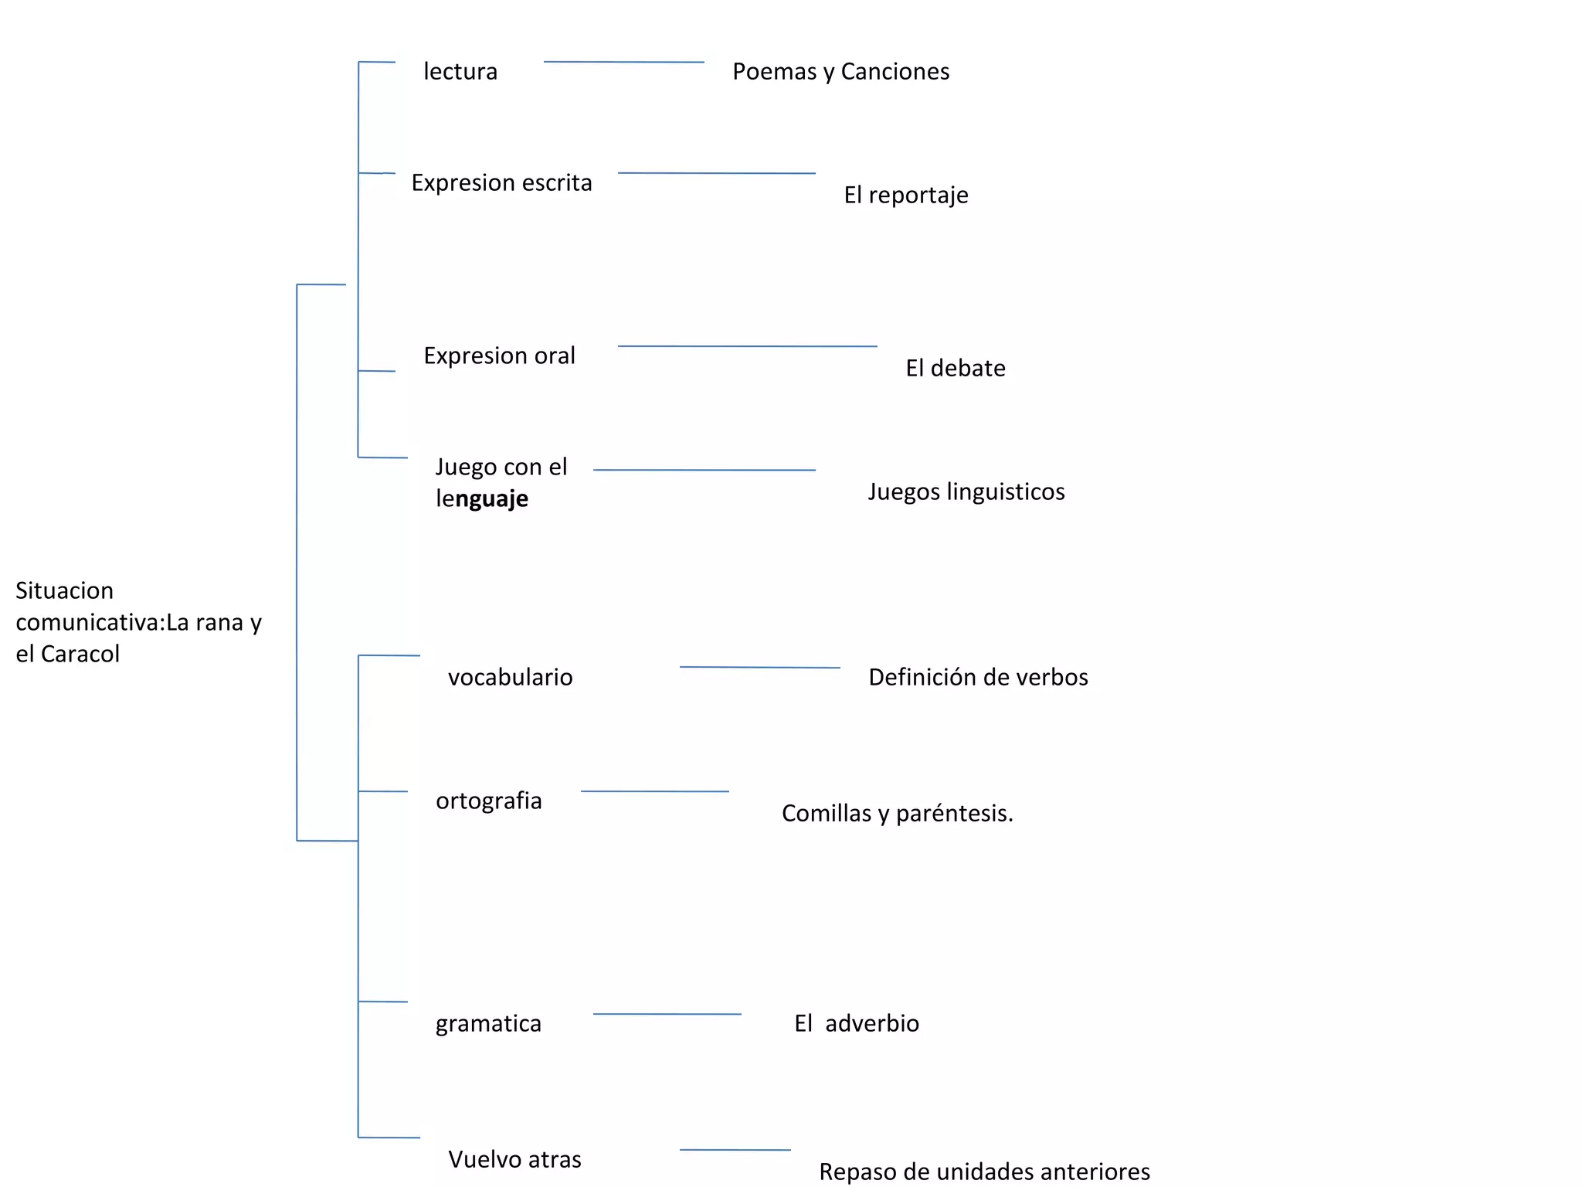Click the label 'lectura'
pyautogui.click(x=460, y=72)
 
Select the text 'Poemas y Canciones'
pyautogui.click(x=840, y=72)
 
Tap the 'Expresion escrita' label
pyautogui.click(x=501, y=183)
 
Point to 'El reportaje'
pyautogui.click(x=905, y=196)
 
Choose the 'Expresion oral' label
pyautogui.click(x=499, y=356)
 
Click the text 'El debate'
pyautogui.click(x=955, y=369)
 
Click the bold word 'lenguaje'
pyautogui.click(x=482, y=499)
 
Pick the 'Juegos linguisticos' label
pyautogui.click(x=966, y=492)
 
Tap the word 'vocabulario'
pyautogui.click(x=510, y=678)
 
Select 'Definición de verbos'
pyautogui.click(x=978, y=678)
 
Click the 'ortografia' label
pyautogui.click(x=488, y=801)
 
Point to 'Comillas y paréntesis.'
pyautogui.click(x=897, y=814)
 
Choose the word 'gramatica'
pyautogui.click(x=488, y=1024)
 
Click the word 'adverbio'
pyautogui.click(x=872, y=1024)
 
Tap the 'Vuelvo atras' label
pyautogui.click(x=514, y=1160)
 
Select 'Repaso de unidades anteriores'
pyautogui.click(x=984, y=1172)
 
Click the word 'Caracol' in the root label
pyautogui.click(x=80, y=655)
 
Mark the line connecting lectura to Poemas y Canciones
pyautogui.click(x=624, y=62)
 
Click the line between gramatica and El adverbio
pyautogui.click(x=667, y=1014)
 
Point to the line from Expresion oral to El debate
pyautogui.click(x=748, y=346)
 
